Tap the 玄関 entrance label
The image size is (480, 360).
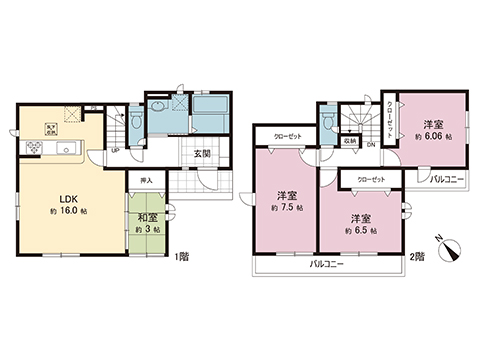click(201, 153)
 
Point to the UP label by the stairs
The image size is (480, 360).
click(116, 150)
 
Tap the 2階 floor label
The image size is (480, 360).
click(417, 257)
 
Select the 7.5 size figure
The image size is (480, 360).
click(284, 207)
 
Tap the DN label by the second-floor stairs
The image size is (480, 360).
click(371, 145)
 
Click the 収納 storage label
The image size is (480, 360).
click(350, 142)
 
